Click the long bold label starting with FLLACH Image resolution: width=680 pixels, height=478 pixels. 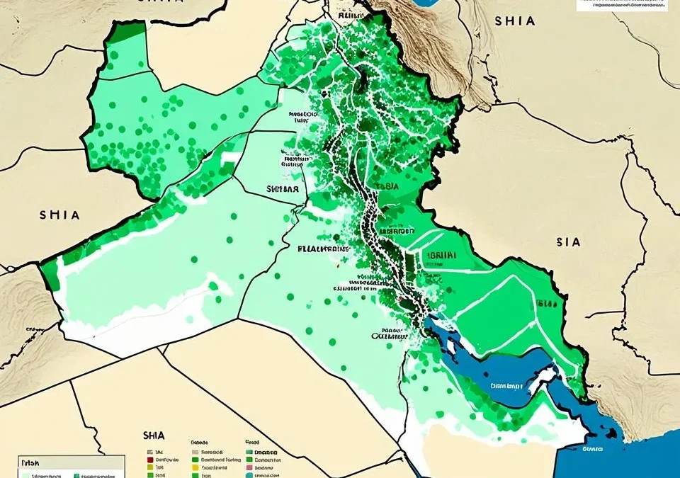(322, 249)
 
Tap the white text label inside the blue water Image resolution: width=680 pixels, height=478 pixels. (507, 387)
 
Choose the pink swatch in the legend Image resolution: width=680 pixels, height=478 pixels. (249, 468)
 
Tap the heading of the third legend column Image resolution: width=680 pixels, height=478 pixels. (253, 440)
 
